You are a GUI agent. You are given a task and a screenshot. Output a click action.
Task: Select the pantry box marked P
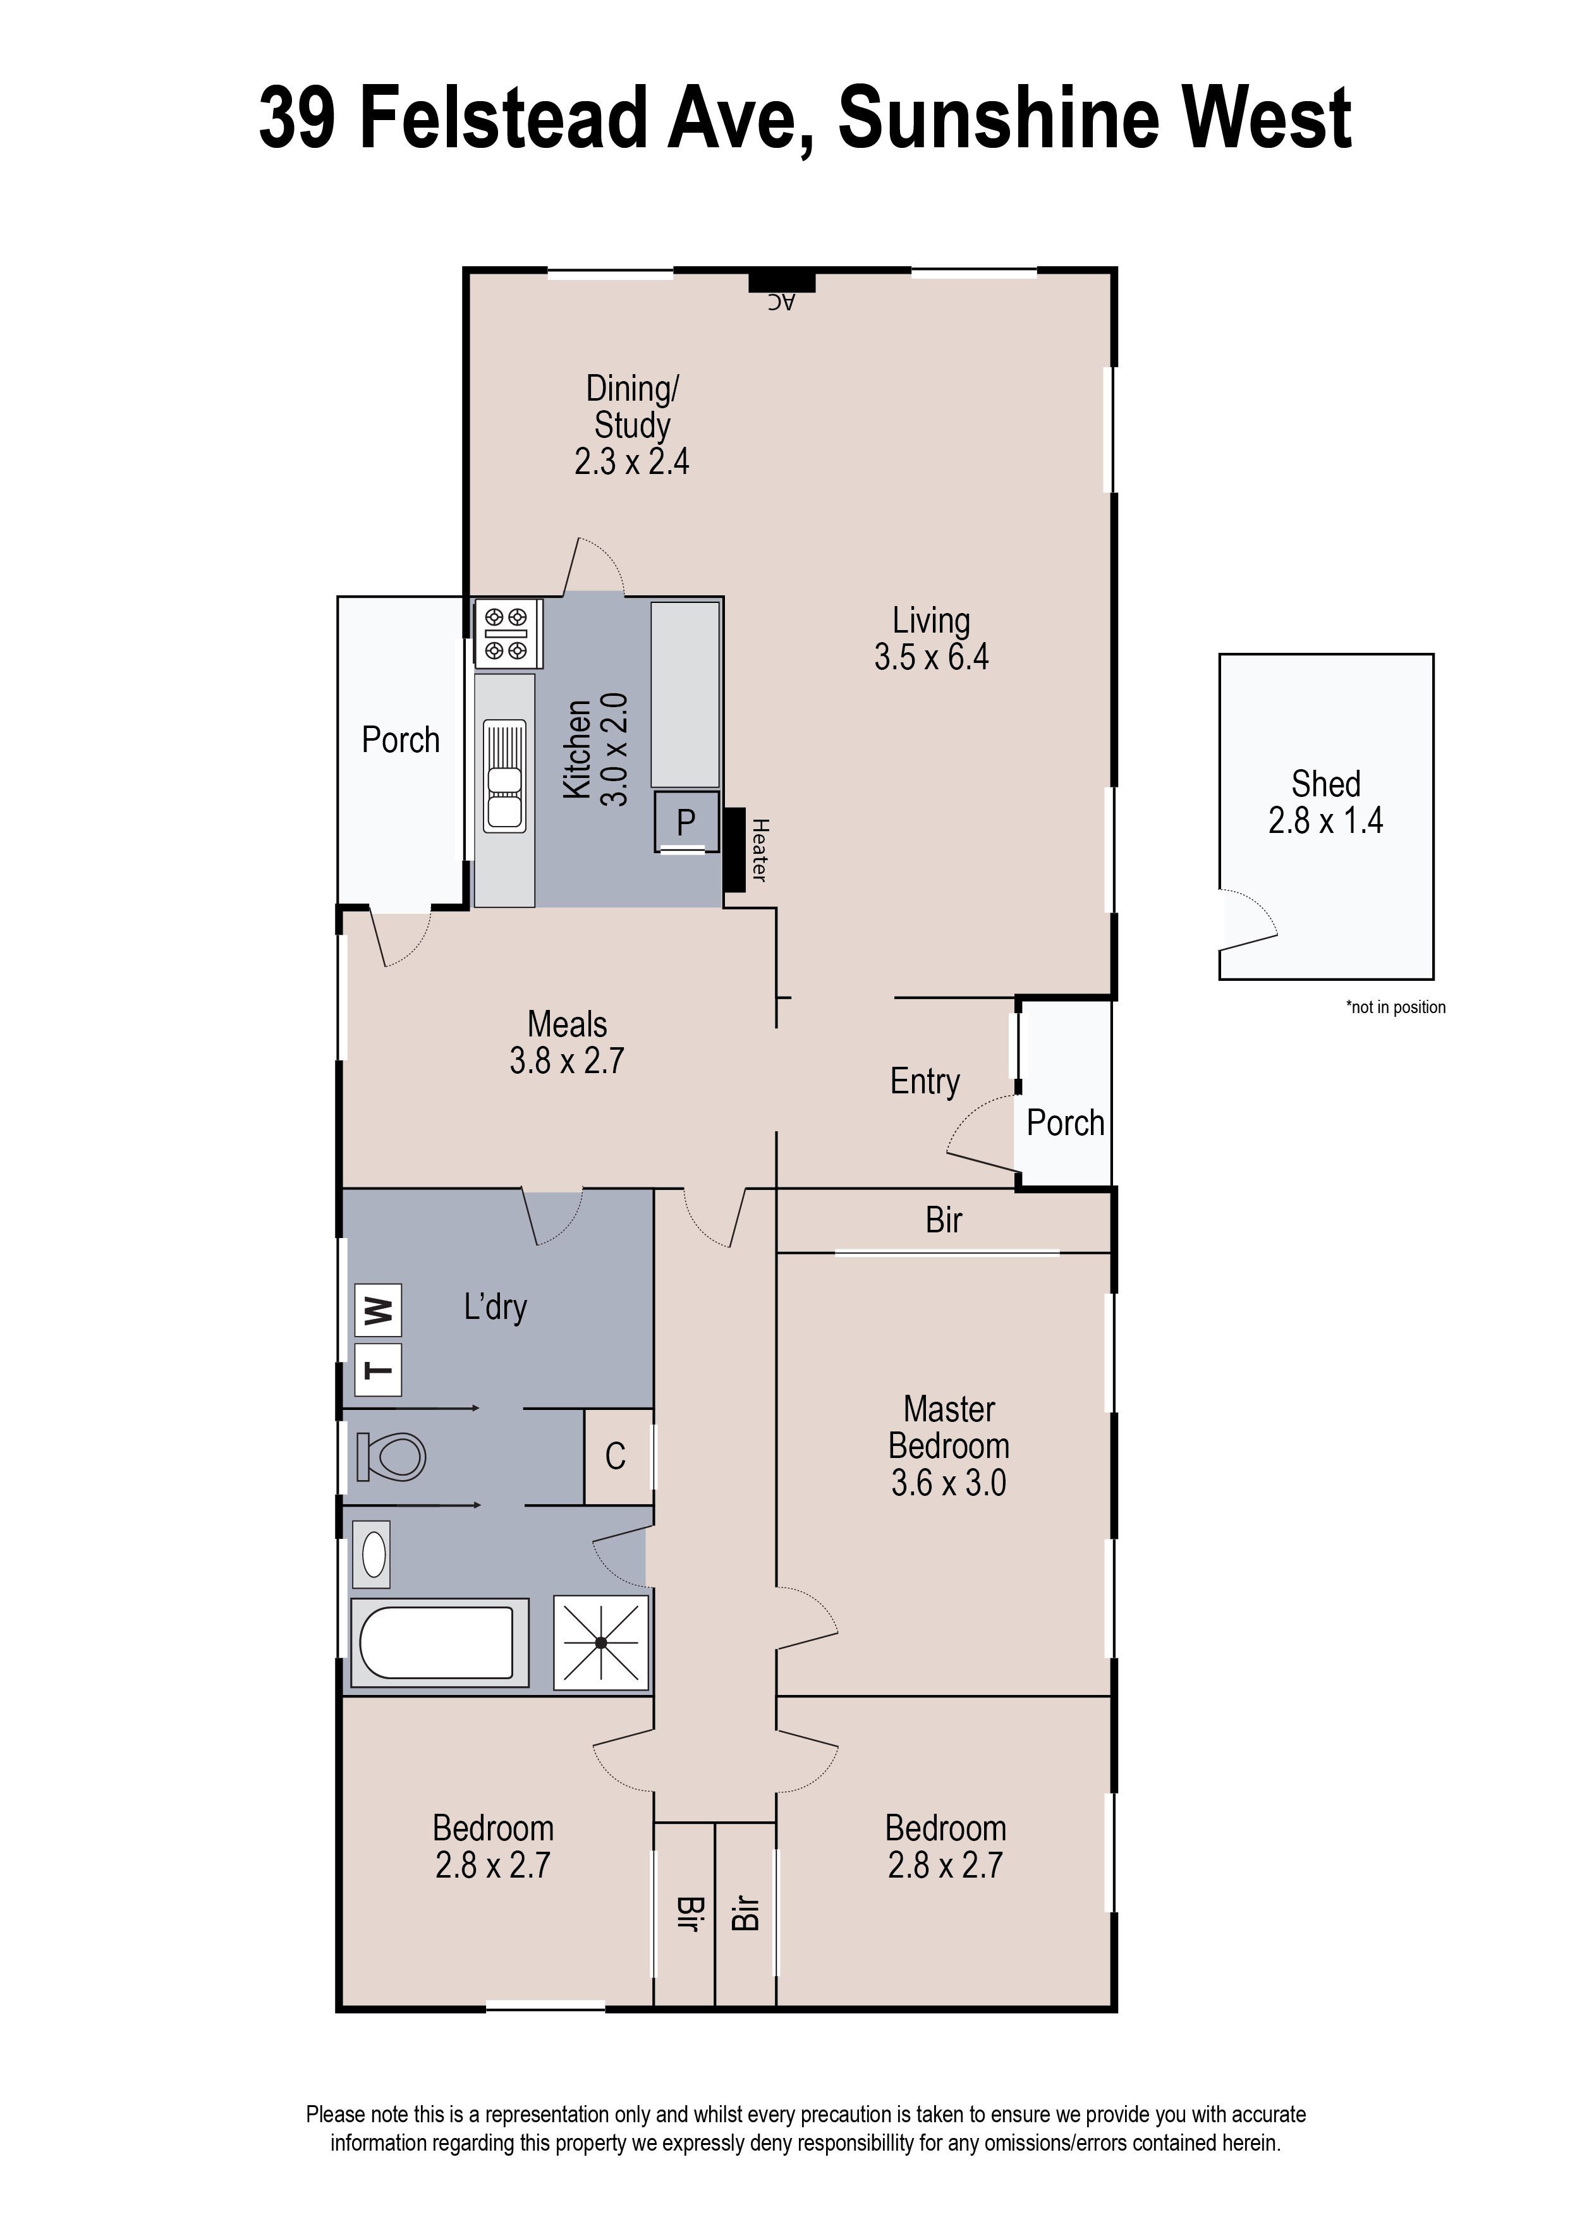pyautogui.click(x=685, y=822)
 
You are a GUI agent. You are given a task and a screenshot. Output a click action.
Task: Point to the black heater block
pyautogui.click(x=734, y=849)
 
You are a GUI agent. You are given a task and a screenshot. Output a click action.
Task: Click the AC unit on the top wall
pyautogui.click(x=782, y=282)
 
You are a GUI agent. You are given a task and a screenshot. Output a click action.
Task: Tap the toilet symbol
pyautogui.click(x=391, y=1457)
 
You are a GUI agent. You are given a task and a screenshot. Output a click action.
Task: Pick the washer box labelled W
pyautogui.click(x=378, y=1309)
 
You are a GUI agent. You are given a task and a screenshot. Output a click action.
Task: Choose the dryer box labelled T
pyautogui.click(x=378, y=1370)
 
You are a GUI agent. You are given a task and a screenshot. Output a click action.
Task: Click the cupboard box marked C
pyautogui.click(x=616, y=1457)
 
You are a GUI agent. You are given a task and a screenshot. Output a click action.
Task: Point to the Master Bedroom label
pyautogui.click(x=948, y=1428)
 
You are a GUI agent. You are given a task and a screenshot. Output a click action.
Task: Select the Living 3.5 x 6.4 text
pyautogui.click(x=931, y=639)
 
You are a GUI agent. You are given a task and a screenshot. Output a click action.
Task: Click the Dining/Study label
pyautogui.click(x=632, y=406)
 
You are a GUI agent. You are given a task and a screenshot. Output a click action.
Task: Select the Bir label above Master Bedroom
pyautogui.click(x=944, y=1220)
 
